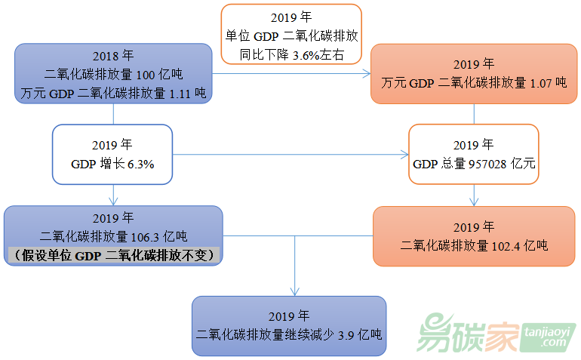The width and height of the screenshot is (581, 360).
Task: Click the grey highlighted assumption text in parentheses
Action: [113, 256]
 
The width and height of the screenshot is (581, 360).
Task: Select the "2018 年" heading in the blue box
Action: [113, 56]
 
